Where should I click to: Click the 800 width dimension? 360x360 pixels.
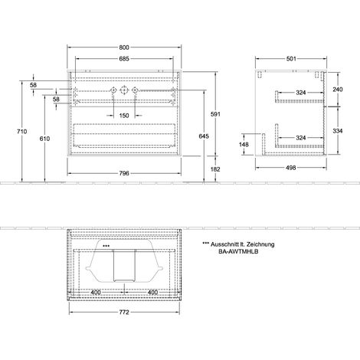(124, 47)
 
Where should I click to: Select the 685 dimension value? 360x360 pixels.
(124, 59)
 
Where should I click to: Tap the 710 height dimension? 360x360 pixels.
(21, 132)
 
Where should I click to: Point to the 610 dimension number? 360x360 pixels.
(44, 139)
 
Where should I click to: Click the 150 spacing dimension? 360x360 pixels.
(124, 116)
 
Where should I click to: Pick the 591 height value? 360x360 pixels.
(215, 114)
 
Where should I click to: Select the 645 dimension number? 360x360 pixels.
(204, 136)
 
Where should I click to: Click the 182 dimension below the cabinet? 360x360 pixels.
(215, 169)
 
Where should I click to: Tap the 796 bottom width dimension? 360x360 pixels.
(124, 173)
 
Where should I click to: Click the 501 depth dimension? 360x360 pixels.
(291, 59)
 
